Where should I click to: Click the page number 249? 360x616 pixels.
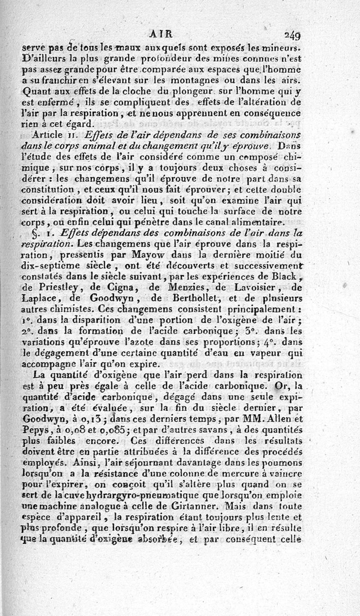tap(292, 34)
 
